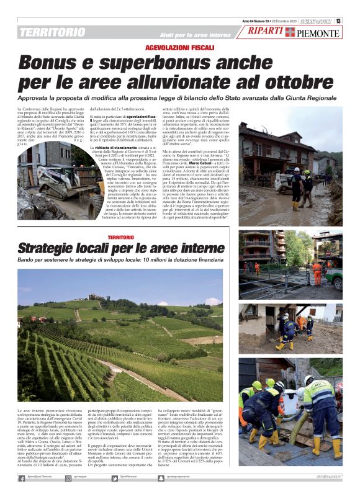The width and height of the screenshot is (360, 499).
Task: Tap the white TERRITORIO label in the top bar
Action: (x=52, y=32)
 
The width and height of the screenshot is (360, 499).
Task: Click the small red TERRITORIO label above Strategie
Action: (x=120, y=237)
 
